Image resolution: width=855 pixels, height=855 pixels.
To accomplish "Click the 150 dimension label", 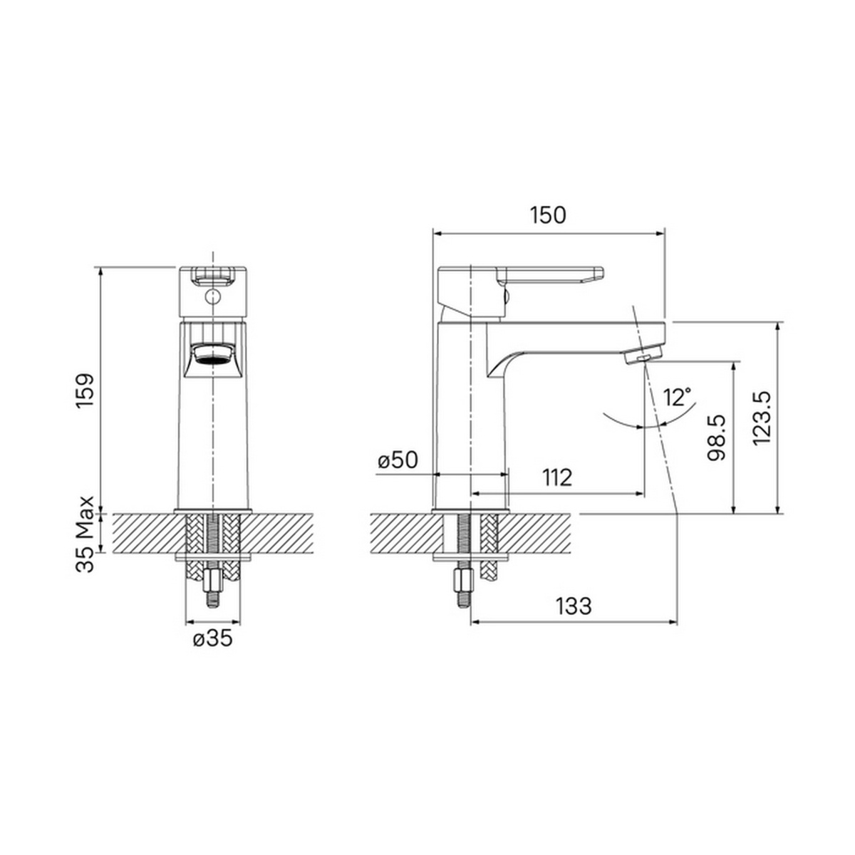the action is tap(548, 215).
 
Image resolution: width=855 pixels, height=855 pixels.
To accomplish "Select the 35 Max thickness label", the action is tap(85, 534).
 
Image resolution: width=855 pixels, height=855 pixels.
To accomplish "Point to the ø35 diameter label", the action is tap(213, 638).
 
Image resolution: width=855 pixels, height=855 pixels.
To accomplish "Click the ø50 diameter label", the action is tap(398, 460).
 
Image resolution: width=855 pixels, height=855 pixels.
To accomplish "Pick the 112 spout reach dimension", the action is tap(557, 477).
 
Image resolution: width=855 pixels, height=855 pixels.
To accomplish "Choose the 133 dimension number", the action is tap(574, 606).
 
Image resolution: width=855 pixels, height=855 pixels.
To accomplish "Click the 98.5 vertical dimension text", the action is tap(717, 437).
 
